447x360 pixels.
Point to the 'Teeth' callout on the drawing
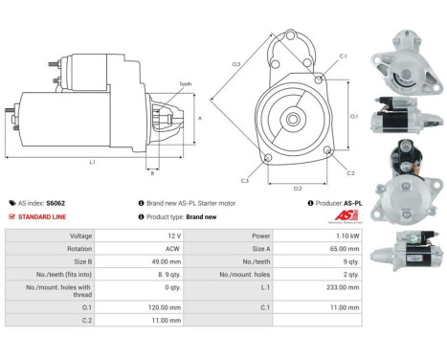coord(185,85)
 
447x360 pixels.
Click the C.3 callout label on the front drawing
coord(245,180)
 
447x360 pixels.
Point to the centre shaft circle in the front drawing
coord(297,119)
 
